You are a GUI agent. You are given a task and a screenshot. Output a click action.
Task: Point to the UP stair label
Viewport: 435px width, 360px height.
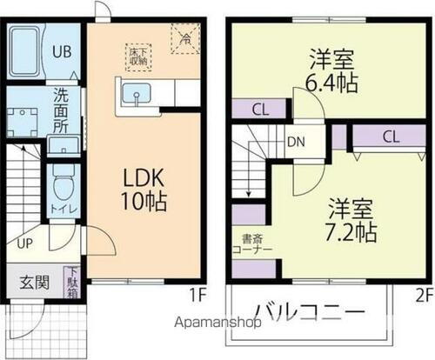coord(23,243)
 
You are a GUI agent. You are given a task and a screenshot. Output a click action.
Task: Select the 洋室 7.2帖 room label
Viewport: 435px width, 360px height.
coord(351,221)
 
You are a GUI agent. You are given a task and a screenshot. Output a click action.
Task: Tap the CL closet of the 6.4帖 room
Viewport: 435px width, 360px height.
coord(260,109)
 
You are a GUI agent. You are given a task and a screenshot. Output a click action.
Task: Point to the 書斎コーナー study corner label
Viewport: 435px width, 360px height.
coord(253,243)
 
